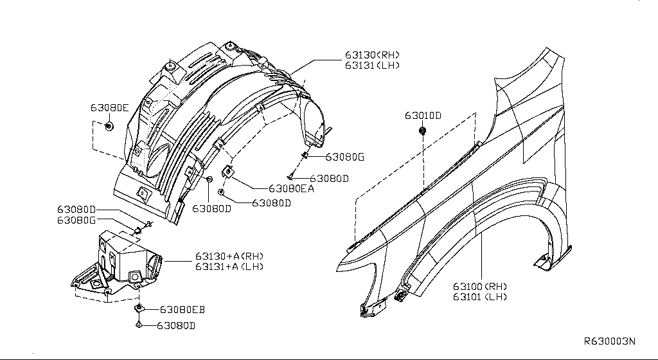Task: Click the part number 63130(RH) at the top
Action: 371,55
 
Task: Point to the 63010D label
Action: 423,116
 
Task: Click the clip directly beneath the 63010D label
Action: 423,131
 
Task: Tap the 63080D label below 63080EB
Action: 175,326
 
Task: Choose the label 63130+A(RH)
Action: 229,256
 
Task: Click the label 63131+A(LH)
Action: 229,266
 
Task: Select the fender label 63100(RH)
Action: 479,286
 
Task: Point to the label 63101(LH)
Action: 479,296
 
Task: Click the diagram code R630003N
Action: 609,342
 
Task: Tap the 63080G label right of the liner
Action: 344,157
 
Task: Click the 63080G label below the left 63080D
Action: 76,220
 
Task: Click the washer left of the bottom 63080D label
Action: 139,326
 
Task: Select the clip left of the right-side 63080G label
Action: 305,155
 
